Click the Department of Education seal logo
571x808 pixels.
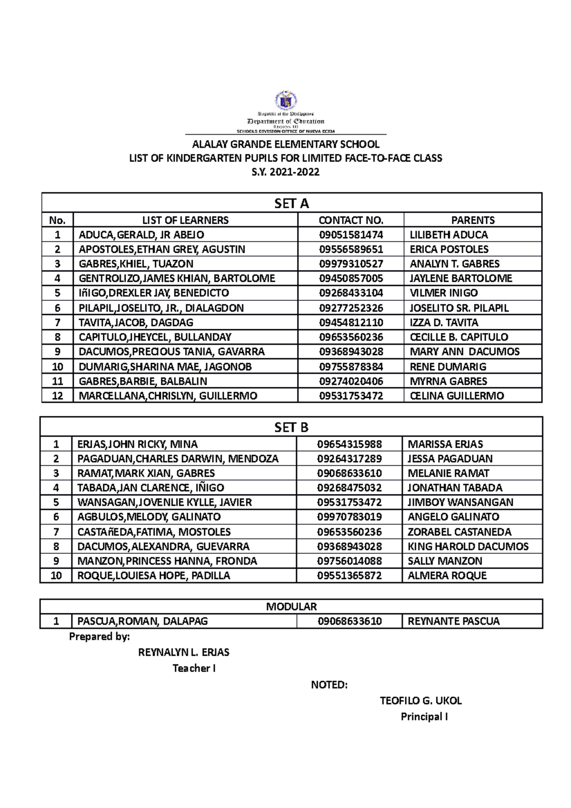(x=286, y=101)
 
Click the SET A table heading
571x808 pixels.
(x=291, y=204)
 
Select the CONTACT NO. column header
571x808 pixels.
(x=351, y=220)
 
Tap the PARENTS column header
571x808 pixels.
(x=473, y=220)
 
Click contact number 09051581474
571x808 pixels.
(x=351, y=235)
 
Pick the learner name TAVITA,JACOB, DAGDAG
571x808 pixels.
(x=136, y=323)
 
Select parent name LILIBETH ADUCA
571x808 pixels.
(x=449, y=235)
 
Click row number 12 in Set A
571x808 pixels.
(x=57, y=396)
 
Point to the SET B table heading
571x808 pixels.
(x=291, y=427)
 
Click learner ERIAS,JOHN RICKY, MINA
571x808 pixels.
(x=137, y=444)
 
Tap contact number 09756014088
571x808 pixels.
(x=349, y=561)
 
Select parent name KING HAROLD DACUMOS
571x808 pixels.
(x=468, y=547)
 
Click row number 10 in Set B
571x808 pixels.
(x=56, y=576)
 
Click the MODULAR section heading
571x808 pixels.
(x=291, y=607)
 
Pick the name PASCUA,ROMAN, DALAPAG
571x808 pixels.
(x=142, y=621)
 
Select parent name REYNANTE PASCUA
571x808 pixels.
(x=453, y=621)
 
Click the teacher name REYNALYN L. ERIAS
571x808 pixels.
(x=184, y=652)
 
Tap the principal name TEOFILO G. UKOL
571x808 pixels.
(x=421, y=701)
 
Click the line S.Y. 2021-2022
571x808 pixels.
(x=285, y=172)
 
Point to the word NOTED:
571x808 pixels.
(x=329, y=685)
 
